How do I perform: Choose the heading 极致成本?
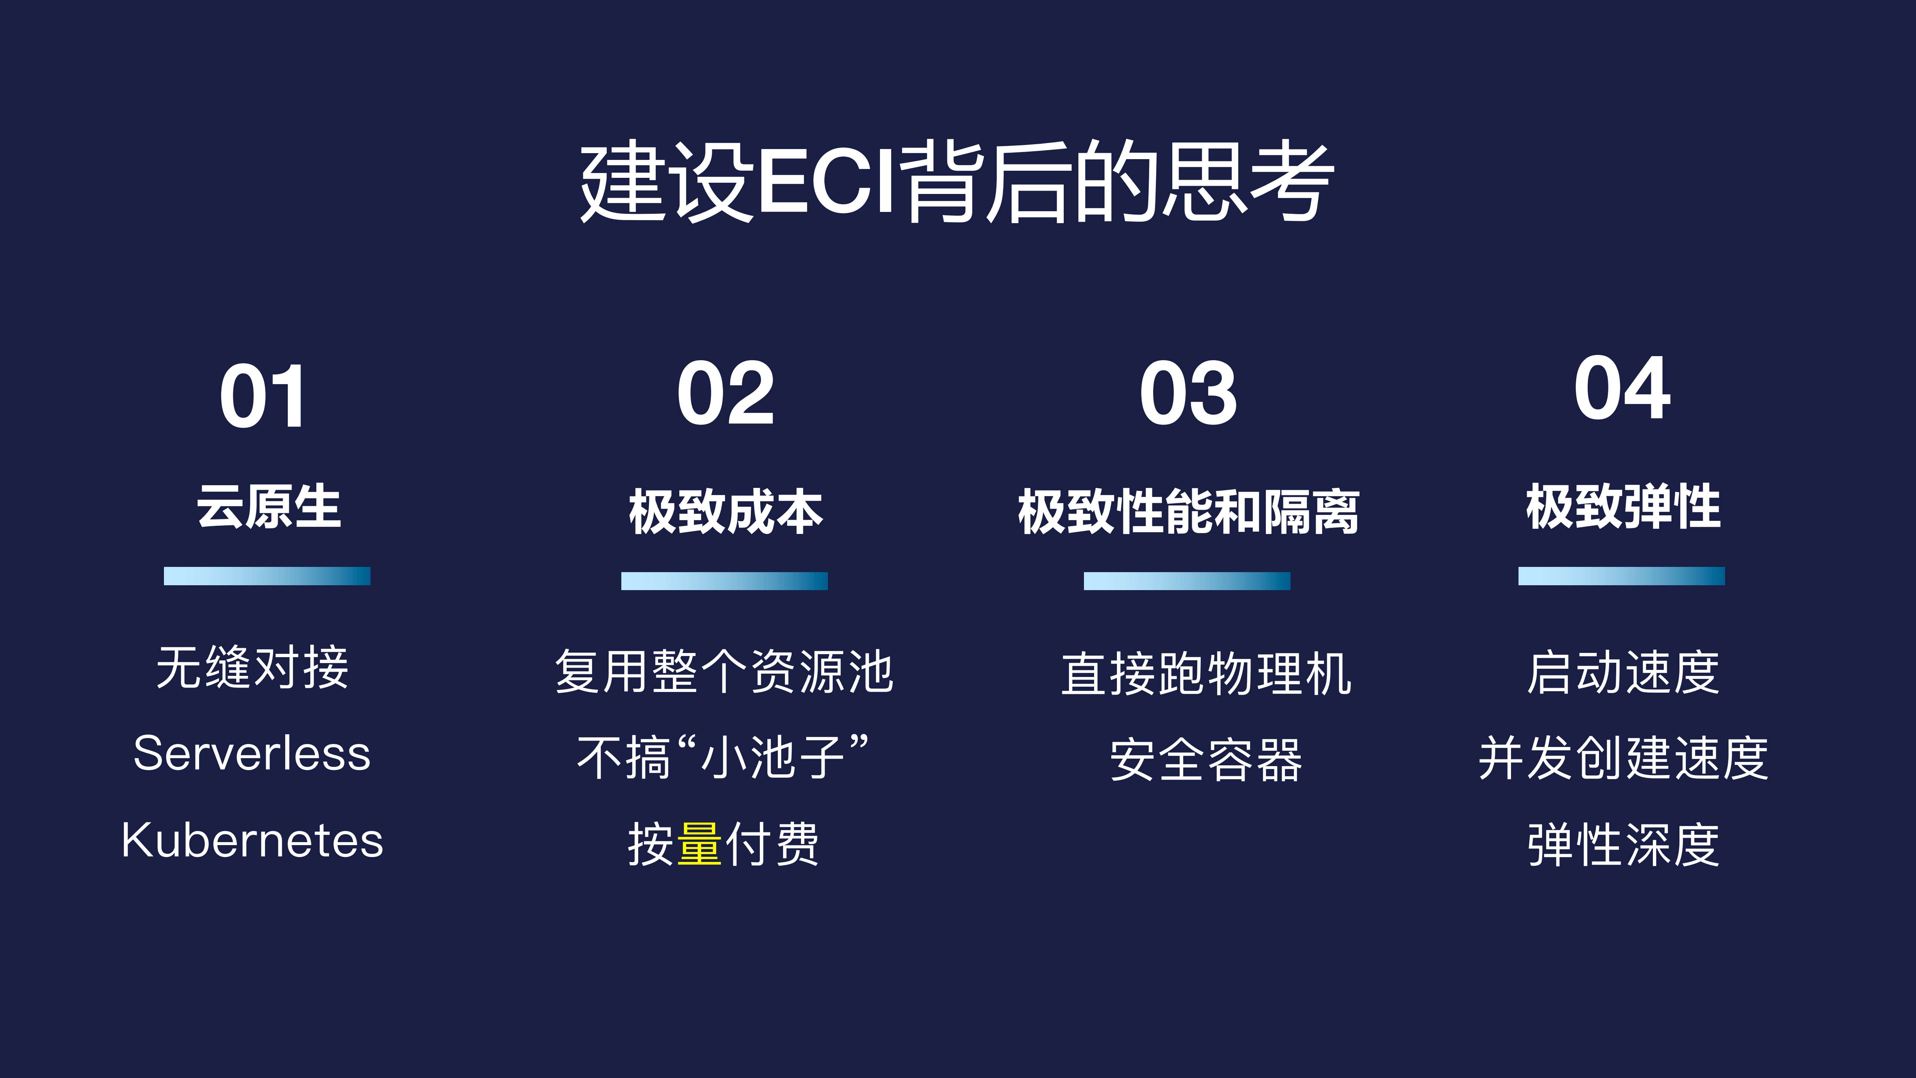725,512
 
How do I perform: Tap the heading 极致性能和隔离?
1188,512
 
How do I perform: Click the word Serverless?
252,754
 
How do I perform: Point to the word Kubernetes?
252,841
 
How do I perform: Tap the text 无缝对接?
252,667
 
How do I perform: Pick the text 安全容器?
1206,760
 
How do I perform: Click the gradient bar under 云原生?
267,576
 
